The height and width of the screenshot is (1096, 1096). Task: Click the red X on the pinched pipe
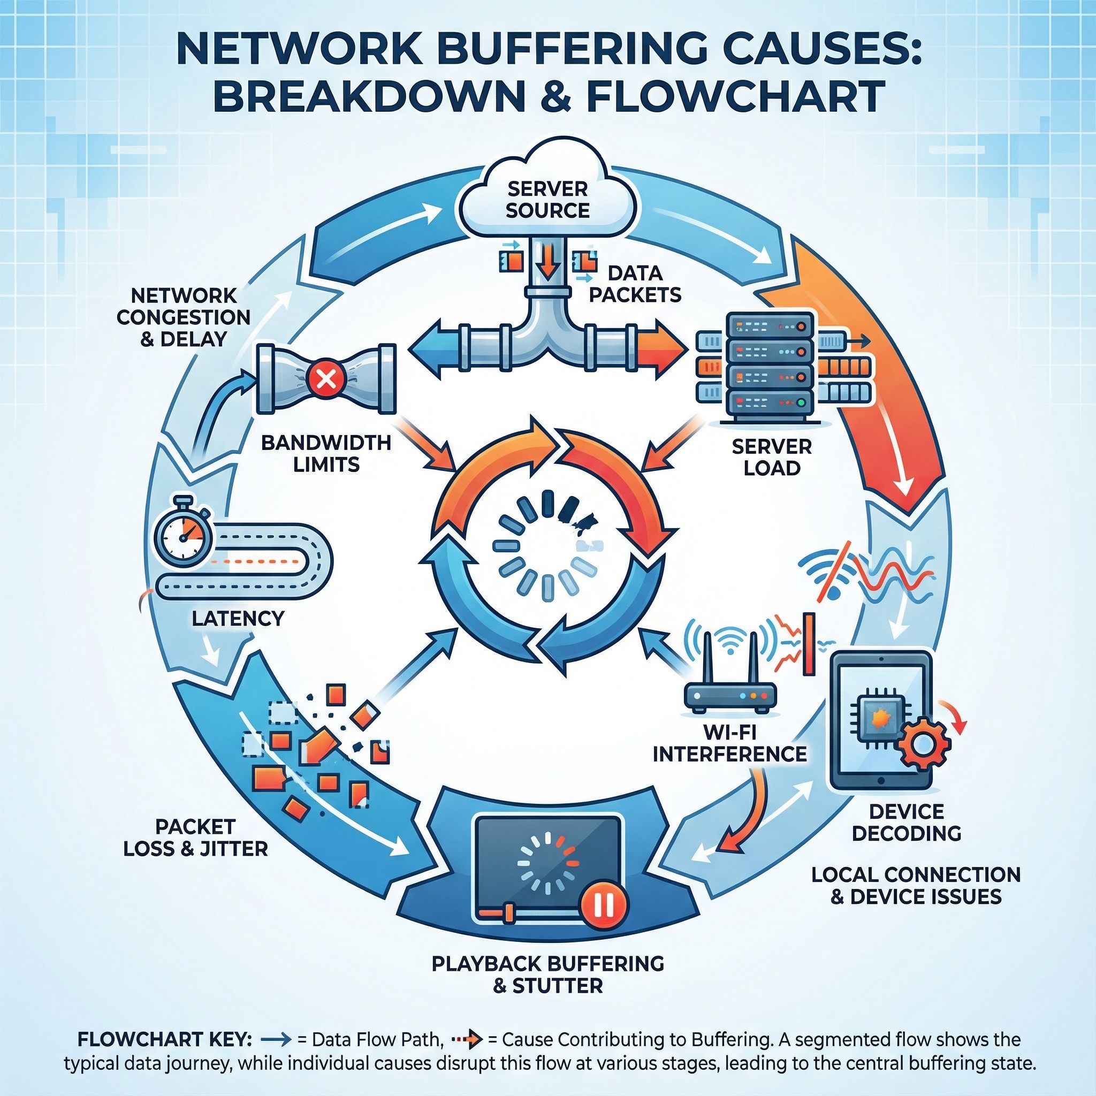point(325,378)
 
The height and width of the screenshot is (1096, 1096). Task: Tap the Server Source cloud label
point(547,199)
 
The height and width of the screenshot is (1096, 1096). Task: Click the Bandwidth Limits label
point(326,453)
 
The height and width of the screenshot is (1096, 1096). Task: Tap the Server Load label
point(772,457)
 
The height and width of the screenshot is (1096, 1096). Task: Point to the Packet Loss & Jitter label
point(196,837)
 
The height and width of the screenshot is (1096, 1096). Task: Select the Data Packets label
point(635,284)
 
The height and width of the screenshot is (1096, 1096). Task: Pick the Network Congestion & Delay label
point(183,317)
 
